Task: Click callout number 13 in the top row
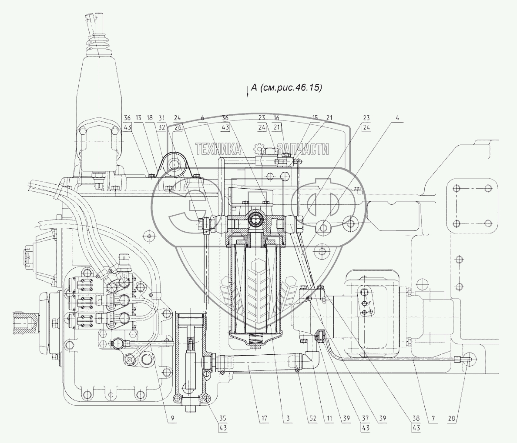(x=138, y=118)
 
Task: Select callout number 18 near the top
(x=150, y=118)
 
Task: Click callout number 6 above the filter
(x=202, y=118)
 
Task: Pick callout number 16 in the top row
(x=277, y=118)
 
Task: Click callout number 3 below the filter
(x=288, y=419)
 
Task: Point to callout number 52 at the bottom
(x=312, y=419)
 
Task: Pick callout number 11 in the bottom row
(x=329, y=419)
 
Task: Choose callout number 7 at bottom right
(x=433, y=419)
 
